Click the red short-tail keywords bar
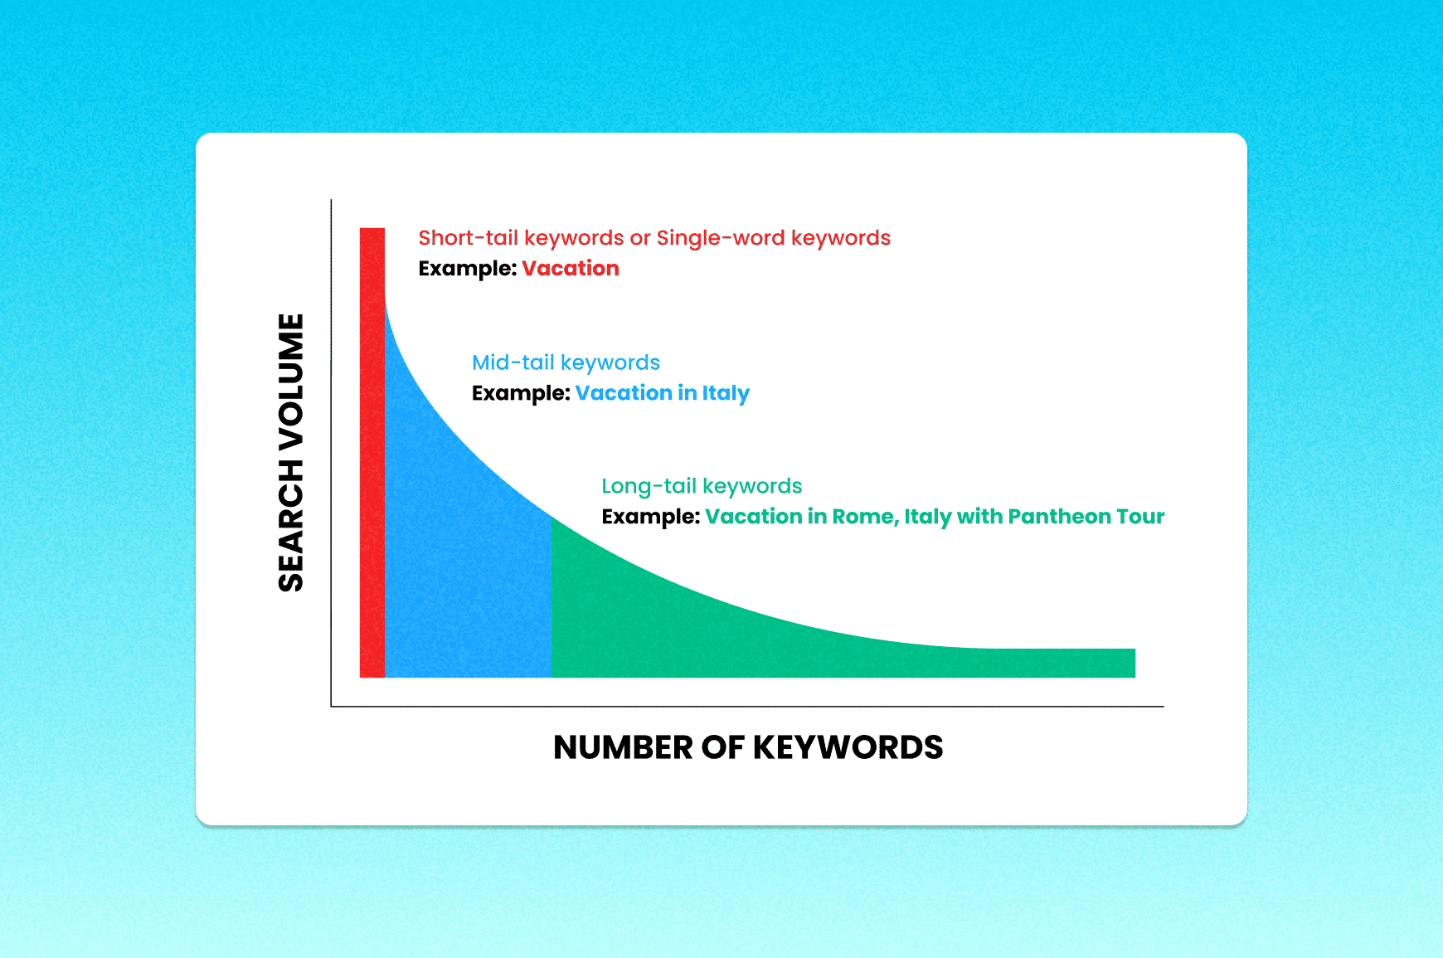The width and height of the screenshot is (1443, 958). tap(372, 452)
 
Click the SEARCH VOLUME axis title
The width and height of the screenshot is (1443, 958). tap(291, 452)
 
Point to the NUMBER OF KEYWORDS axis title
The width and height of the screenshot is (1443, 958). tap(748, 747)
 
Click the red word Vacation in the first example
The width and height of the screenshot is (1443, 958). tap(571, 268)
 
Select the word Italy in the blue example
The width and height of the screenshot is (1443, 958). tap(726, 393)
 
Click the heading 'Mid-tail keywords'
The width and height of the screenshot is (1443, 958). tap(566, 363)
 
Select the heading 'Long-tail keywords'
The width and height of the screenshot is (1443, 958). tap(702, 487)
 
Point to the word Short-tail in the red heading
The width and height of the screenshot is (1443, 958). tap(469, 238)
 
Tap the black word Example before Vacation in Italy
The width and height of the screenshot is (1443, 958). tap(521, 393)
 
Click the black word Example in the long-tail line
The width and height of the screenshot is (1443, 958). tap(651, 517)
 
